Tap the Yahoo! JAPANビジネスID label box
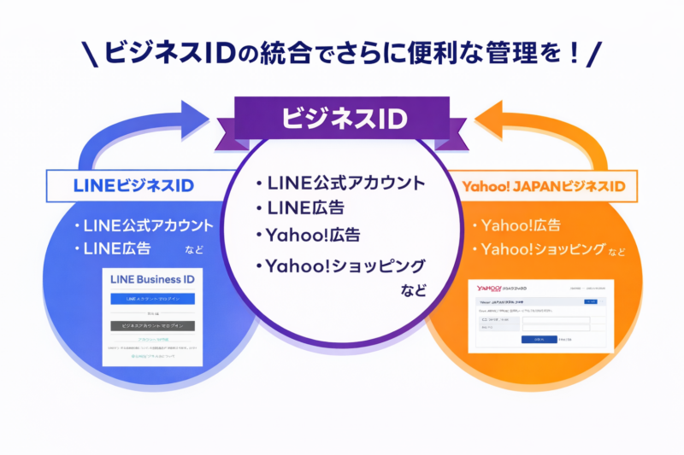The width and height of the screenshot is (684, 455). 544,184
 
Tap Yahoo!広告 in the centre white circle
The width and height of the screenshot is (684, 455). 311,234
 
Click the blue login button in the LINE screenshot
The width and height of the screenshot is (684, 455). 153,299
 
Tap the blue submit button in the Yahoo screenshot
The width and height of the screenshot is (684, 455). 539,339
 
